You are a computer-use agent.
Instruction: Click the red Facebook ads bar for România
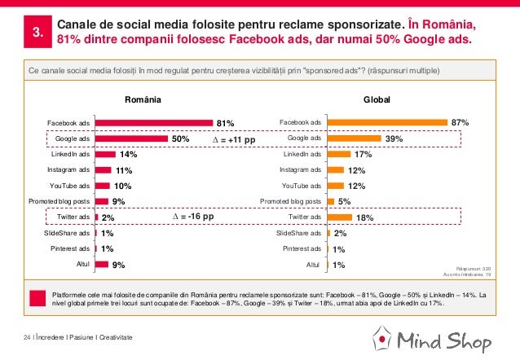tap(154, 123)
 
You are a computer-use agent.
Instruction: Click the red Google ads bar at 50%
tap(131, 138)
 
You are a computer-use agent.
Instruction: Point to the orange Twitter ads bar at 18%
tap(338, 217)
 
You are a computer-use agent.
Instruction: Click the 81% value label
tap(225, 124)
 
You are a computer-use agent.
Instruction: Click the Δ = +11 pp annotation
tap(228, 140)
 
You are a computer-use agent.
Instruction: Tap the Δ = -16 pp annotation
tap(194, 217)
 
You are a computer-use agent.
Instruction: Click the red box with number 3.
tap(37, 33)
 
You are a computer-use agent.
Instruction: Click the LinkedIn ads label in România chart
tap(71, 154)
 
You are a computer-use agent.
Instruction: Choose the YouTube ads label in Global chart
tap(302, 186)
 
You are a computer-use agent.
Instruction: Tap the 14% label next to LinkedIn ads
tap(128, 154)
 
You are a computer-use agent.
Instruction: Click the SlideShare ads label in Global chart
tap(298, 233)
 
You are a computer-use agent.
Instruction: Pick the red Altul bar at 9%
tap(102, 264)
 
